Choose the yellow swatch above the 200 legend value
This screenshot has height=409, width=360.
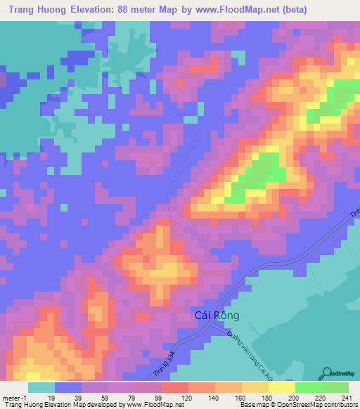[x=281, y=387]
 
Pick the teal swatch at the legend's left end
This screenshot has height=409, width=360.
[x=41, y=387]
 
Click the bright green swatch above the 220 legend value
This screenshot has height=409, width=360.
[x=309, y=387]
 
